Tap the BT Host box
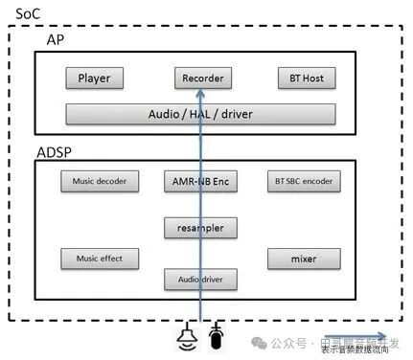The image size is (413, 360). pyautogui.click(x=303, y=79)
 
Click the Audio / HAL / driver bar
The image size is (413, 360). pyautogui.click(x=200, y=114)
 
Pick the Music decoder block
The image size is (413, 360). pyautogui.click(x=99, y=180)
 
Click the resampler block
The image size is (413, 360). pyautogui.click(x=200, y=228)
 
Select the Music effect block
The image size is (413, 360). pyautogui.click(x=99, y=259)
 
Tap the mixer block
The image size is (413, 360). pyautogui.click(x=304, y=259)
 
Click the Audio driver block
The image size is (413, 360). pyautogui.click(x=200, y=280)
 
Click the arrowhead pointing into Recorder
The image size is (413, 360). pyautogui.click(x=200, y=94)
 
